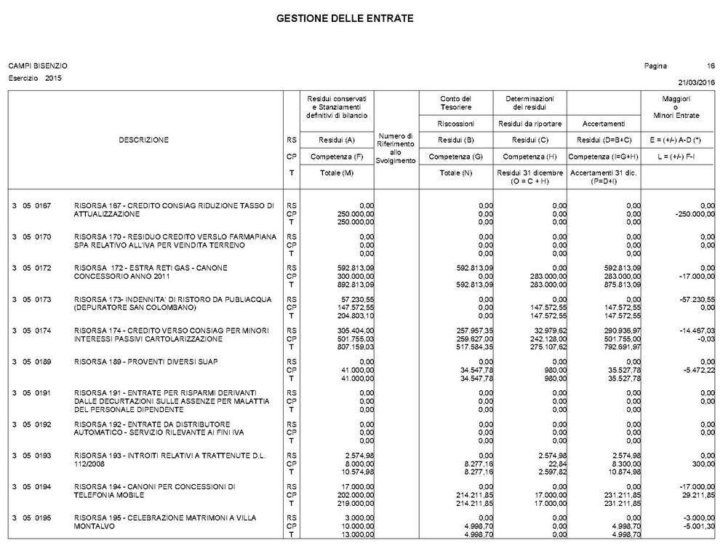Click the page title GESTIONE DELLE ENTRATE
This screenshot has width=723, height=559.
[x=345, y=18]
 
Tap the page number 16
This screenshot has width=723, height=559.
[x=711, y=66]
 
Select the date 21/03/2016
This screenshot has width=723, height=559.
[x=696, y=82]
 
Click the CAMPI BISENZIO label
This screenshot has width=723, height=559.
[x=38, y=66]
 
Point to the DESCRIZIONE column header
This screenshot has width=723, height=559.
[x=143, y=140]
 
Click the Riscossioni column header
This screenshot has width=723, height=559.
[x=456, y=124]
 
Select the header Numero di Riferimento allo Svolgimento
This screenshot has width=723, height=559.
[x=395, y=148]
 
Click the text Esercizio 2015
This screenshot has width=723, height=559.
[x=35, y=78]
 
